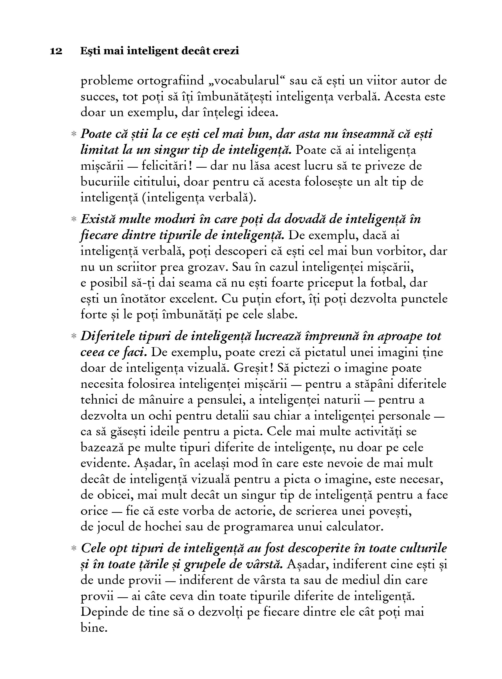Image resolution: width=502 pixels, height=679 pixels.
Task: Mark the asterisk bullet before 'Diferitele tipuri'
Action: pos(73,336)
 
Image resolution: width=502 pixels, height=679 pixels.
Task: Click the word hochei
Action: pos(161,527)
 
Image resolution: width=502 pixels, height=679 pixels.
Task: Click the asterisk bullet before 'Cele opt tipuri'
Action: pos(73,548)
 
